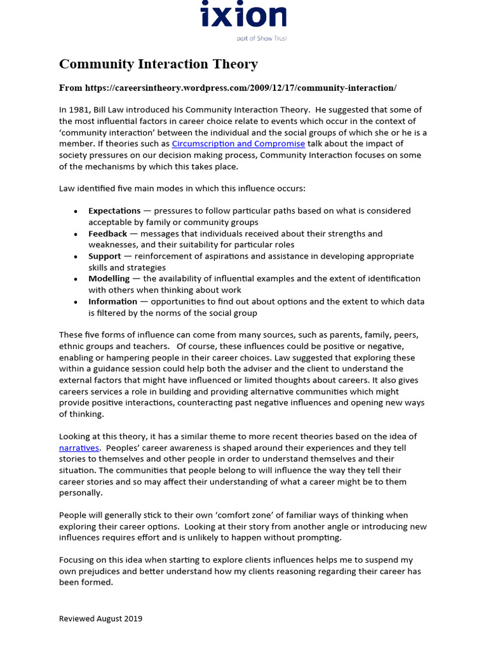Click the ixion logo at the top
pos(243,15)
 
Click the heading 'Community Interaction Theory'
pos(158,64)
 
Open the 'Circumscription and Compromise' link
pos(238,144)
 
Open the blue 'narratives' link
pos(79,448)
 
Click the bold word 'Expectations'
pos(114,211)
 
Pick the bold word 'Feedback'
pos(107,234)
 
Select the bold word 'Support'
pos(104,256)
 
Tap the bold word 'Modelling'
pos(109,279)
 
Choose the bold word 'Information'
pos(112,302)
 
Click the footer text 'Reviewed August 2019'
pos(100,619)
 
